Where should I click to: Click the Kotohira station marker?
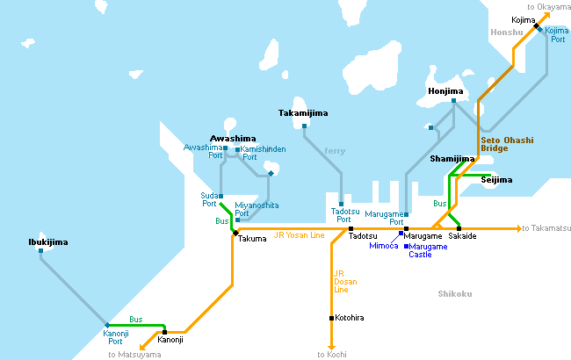(x=331, y=318)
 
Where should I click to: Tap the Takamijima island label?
(x=303, y=113)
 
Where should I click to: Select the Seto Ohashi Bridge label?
(x=507, y=144)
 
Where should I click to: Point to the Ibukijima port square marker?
(x=40, y=251)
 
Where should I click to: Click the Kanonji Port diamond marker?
(x=107, y=325)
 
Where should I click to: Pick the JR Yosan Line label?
(x=299, y=235)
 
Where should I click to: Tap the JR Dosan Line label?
(x=345, y=282)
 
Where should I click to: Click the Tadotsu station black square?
(x=351, y=229)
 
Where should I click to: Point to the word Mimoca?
(x=384, y=246)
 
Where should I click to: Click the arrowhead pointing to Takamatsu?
(x=519, y=228)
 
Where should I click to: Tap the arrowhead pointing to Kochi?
(x=331, y=348)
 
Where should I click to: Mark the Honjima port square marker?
(x=453, y=101)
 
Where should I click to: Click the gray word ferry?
(x=335, y=151)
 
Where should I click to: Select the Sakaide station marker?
(x=459, y=228)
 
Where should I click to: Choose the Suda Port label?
(x=209, y=199)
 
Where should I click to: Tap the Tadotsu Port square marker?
(x=341, y=205)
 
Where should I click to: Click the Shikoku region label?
(x=455, y=294)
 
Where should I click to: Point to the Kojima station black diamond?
(x=536, y=25)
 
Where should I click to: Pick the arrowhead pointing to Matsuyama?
(x=143, y=347)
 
